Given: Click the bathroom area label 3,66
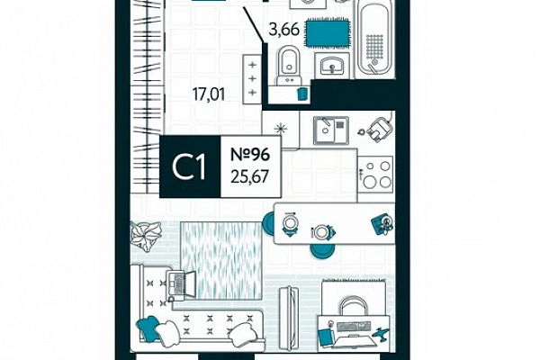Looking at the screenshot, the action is [283, 30].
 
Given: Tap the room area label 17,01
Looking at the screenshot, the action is [209, 94].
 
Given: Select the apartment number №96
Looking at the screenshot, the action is [250, 154].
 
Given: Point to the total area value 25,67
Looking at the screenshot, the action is [250, 177].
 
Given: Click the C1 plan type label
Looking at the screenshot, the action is [189, 166].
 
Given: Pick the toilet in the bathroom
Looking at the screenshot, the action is [289, 66].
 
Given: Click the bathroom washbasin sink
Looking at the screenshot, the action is [332, 65].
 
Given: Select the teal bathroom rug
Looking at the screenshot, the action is [328, 32].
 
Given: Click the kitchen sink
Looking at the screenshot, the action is [331, 130].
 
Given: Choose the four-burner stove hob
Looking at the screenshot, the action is [376, 175].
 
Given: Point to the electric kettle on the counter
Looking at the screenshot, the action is [379, 130].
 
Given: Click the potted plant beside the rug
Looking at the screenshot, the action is [146, 236].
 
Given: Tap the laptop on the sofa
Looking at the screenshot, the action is [181, 284].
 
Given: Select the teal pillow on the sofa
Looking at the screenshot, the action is [148, 327].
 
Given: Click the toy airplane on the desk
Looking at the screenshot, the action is [381, 334].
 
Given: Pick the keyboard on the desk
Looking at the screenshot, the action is [354, 326].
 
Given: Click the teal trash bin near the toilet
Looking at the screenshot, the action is [302, 94].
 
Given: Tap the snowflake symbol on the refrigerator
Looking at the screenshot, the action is [280, 130].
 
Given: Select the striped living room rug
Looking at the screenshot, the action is [221, 260].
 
